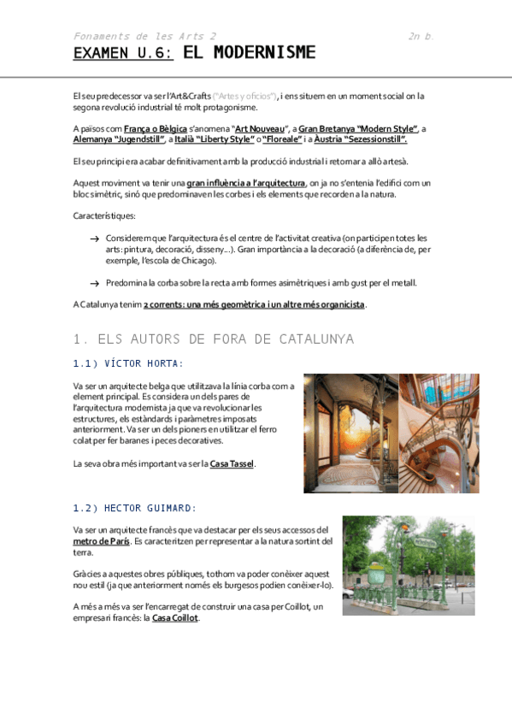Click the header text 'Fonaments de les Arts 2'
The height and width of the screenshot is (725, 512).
[x=144, y=36]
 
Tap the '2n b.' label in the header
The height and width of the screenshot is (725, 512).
[x=421, y=36]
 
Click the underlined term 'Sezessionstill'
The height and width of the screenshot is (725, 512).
[x=372, y=139]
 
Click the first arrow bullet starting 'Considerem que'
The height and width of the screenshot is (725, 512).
[x=94, y=238]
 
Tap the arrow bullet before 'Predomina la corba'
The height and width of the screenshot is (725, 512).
[x=94, y=283]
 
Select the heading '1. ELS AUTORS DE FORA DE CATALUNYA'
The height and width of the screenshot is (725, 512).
[x=214, y=339]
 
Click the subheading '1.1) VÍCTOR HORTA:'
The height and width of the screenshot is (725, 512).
[x=128, y=363]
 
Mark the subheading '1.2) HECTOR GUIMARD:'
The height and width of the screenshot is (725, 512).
[x=135, y=508]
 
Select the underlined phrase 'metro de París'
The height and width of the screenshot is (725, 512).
[x=102, y=541]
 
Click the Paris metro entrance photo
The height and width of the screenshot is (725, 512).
[x=408, y=564]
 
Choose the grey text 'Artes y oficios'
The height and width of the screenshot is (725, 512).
[x=244, y=96]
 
